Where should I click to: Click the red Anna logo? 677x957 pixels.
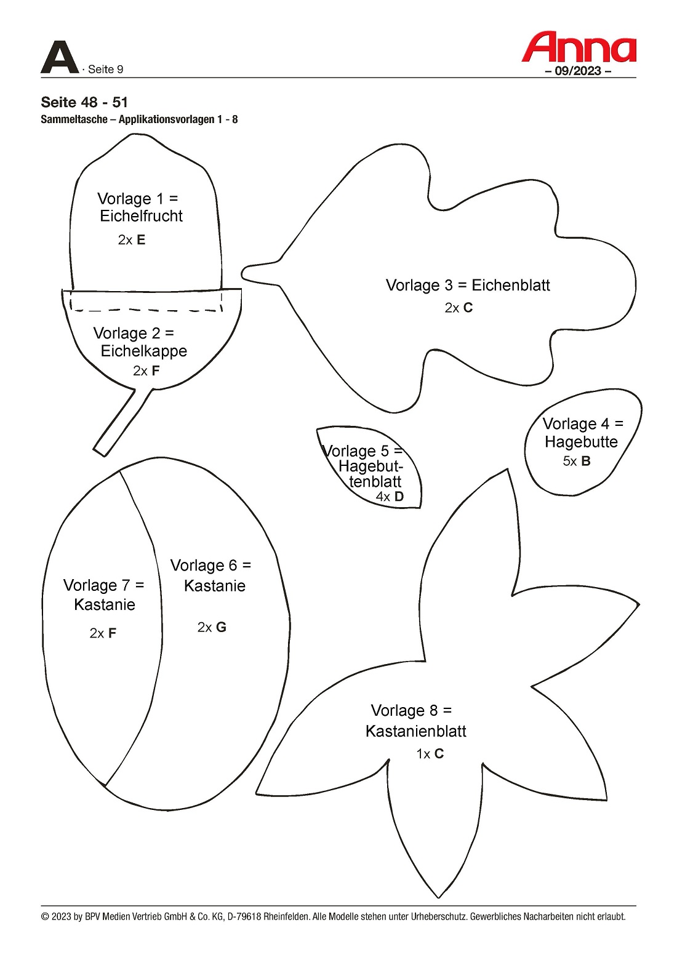pos(579,48)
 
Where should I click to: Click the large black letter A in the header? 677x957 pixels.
pos(59,58)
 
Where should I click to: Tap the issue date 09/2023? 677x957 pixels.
pos(578,71)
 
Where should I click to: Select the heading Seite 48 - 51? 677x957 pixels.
pos(84,102)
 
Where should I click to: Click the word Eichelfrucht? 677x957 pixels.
pos(142,216)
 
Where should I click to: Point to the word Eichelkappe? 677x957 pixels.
pos(144,351)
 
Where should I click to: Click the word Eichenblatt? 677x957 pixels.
pos(511,285)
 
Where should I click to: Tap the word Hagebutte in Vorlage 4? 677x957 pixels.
pos(581,442)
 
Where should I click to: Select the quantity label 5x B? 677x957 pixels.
pos(577,461)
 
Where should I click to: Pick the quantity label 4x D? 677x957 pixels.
pos(390,497)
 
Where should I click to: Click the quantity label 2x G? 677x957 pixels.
pos(212,627)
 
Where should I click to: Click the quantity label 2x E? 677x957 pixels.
pos(132,240)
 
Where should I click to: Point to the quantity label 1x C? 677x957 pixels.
pos(430,754)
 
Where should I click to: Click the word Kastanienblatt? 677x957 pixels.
pos(416,731)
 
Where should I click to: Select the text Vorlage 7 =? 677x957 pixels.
pos(103,585)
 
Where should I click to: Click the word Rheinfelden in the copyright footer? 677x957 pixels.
pos(286,916)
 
